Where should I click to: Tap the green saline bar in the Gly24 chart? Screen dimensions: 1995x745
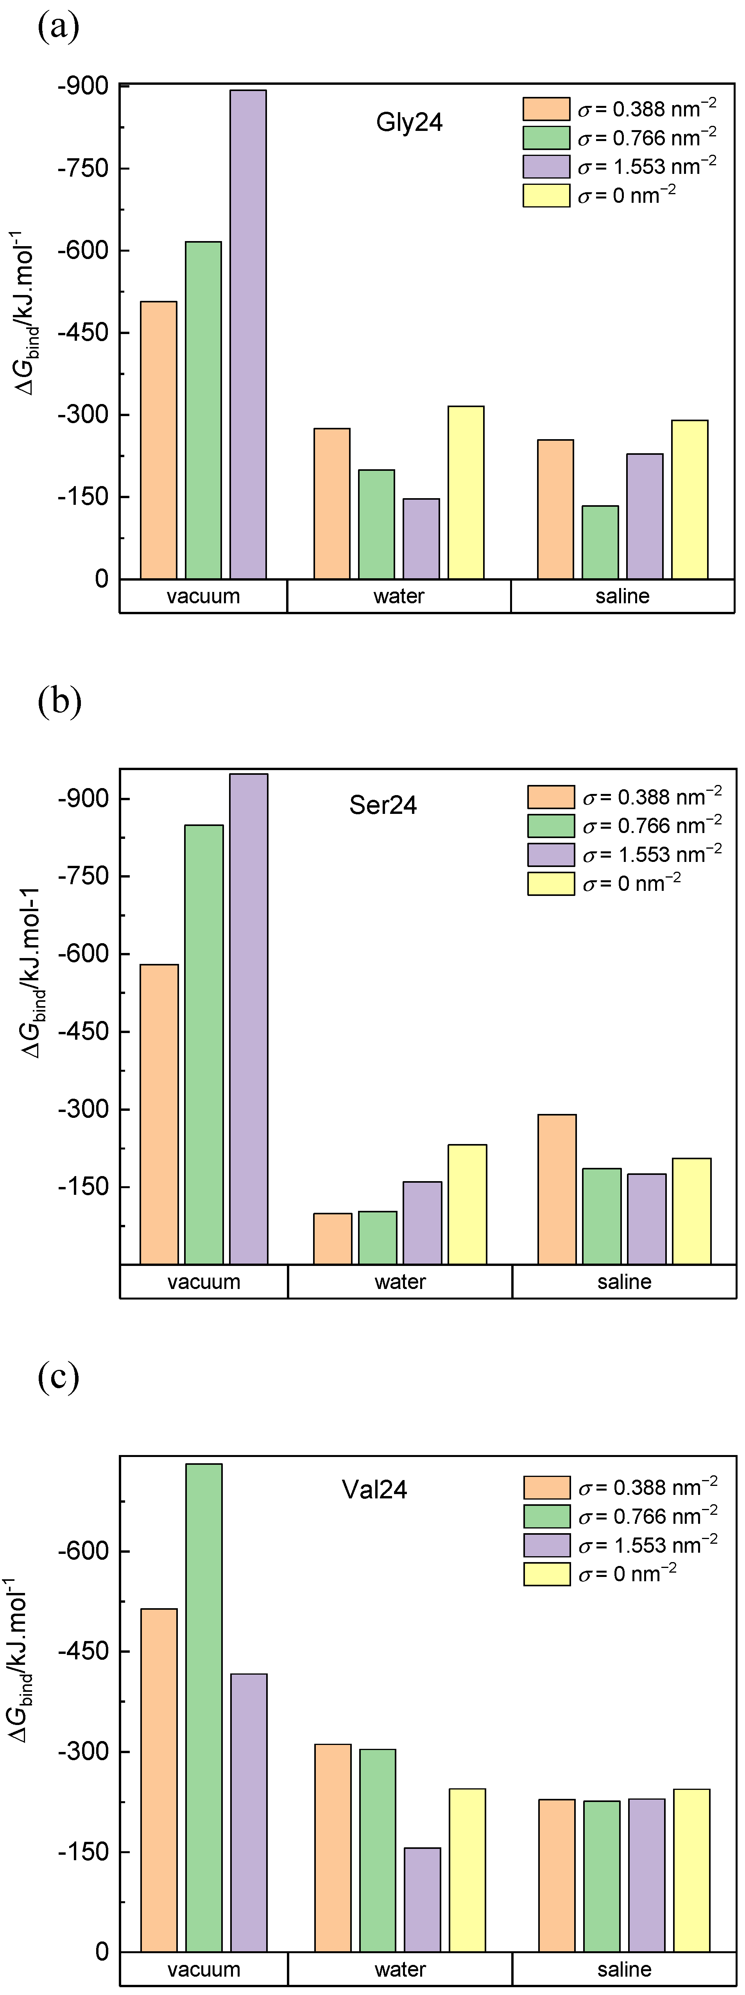point(600,542)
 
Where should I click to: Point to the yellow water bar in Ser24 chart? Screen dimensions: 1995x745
point(467,1204)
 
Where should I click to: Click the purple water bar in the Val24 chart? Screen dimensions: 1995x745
point(422,1899)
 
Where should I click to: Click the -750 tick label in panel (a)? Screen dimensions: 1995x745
point(83,168)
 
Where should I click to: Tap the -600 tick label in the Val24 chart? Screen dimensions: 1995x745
point(83,1551)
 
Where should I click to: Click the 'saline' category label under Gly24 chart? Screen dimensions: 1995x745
point(622,596)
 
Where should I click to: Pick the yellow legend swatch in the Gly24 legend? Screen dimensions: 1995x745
point(546,196)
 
